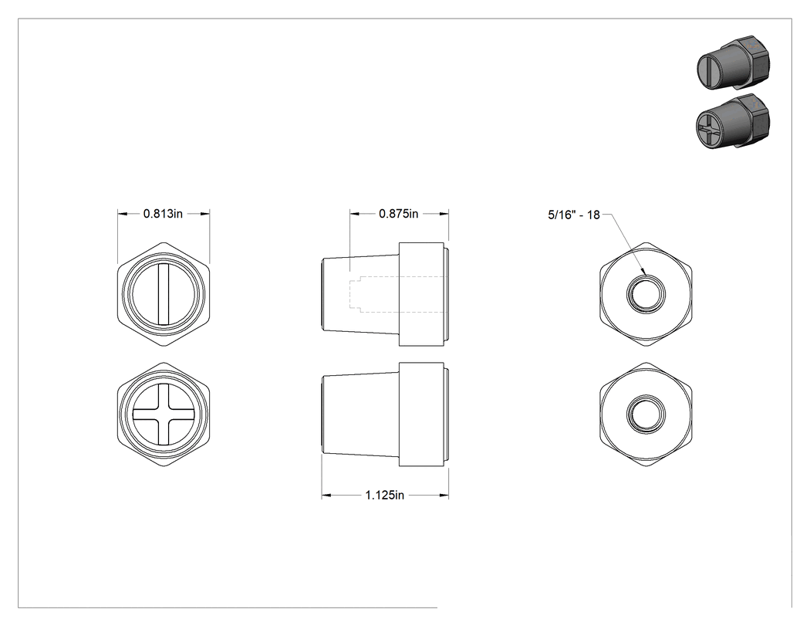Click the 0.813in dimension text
[x=163, y=214]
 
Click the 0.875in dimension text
[x=398, y=214]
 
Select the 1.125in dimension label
[x=385, y=496]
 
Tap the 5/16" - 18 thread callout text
[x=574, y=215]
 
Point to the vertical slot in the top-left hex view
[x=164, y=294]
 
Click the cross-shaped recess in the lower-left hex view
[x=164, y=415]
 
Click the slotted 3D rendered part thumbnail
[x=732, y=63]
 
